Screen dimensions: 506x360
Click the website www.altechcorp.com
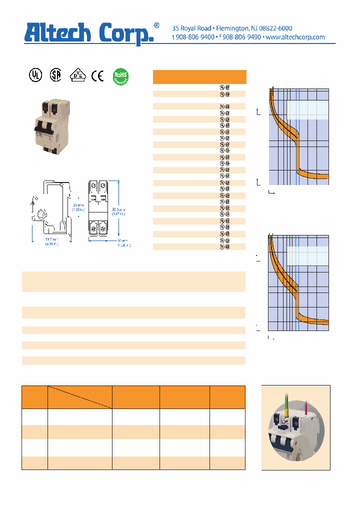[295, 37]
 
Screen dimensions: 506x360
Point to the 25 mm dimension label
[77, 205]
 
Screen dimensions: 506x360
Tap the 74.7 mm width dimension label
[50, 242]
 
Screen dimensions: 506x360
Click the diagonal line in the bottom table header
[80, 397]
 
